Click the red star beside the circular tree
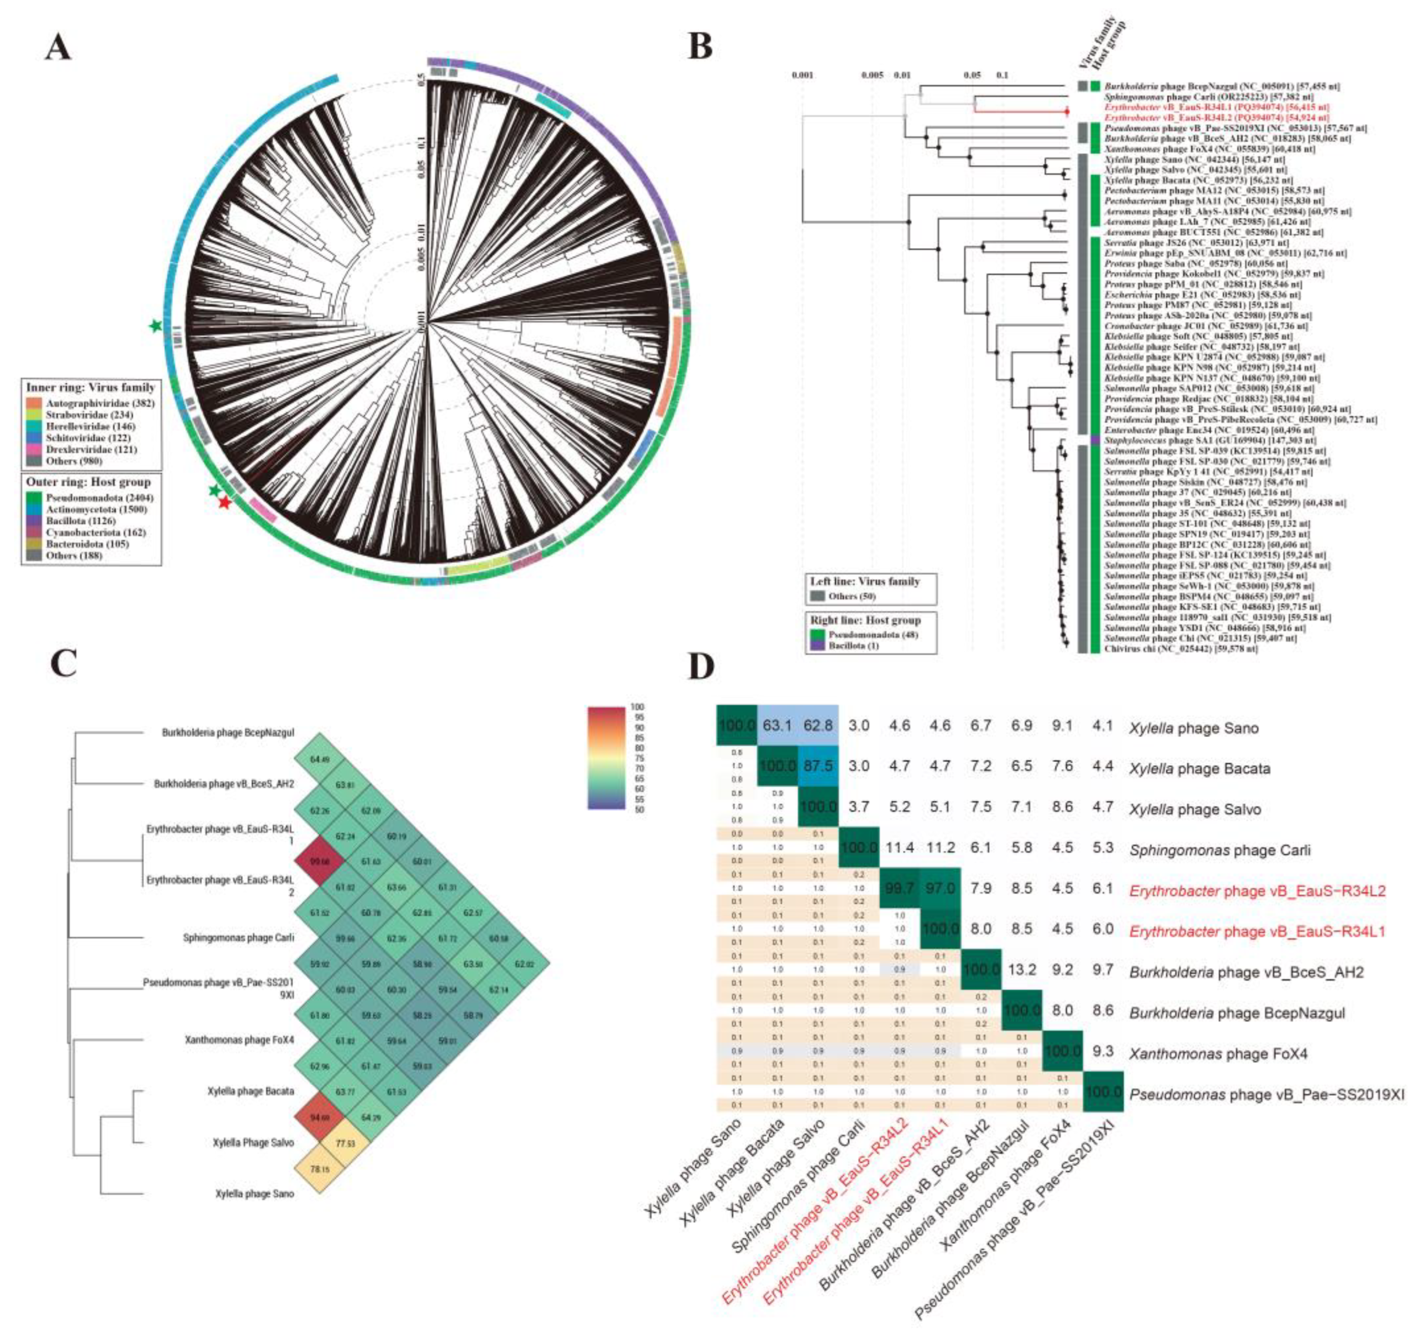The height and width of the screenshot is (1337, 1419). click(225, 503)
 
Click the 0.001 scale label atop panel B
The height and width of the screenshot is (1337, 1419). click(803, 74)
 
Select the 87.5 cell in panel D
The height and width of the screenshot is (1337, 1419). click(818, 769)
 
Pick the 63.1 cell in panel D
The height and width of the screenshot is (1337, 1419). click(777, 728)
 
